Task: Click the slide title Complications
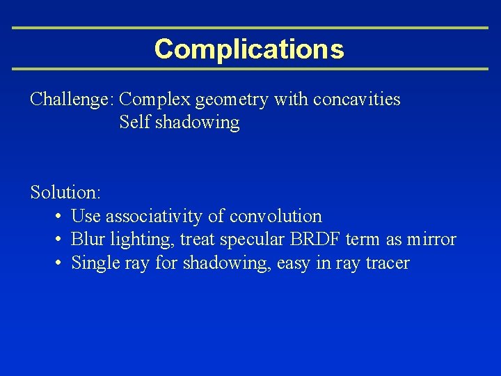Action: point(249,49)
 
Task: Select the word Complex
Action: point(157,100)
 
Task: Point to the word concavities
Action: point(356,100)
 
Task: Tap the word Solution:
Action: point(65,191)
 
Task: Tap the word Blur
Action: point(88,240)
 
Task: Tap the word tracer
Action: point(385,263)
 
